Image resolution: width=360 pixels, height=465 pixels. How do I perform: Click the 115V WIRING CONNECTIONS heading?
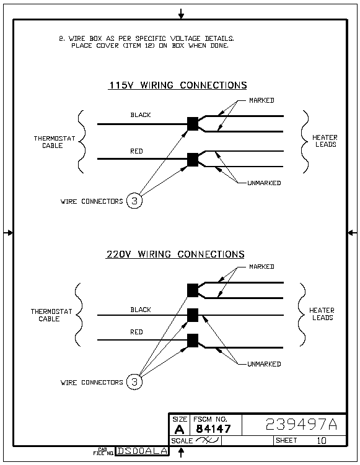pyautogui.click(x=178, y=85)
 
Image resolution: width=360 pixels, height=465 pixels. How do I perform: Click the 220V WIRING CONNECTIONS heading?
pyautogui.click(x=175, y=254)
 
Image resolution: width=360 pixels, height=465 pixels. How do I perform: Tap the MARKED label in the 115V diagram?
pyautogui.click(x=261, y=100)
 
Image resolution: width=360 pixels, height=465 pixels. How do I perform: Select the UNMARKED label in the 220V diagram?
pyautogui.click(x=264, y=364)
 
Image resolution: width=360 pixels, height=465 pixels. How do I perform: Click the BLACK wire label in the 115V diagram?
pyautogui.click(x=141, y=115)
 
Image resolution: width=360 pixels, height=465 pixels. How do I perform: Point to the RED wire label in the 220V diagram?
pyautogui.click(x=136, y=332)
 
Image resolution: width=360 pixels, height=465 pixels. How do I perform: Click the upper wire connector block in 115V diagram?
pyautogui.click(x=193, y=124)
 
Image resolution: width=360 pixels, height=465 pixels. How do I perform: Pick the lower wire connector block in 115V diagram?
pyautogui.click(x=193, y=160)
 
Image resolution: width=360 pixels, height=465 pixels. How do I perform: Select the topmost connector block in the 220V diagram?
pyautogui.click(x=193, y=290)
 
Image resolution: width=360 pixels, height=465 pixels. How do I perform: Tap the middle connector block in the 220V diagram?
pyautogui.click(x=193, y=315)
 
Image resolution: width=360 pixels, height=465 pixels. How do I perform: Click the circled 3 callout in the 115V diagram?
pyautogui.click(x=134, y=201)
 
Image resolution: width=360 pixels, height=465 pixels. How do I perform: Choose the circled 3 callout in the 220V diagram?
pyautogui.click(x=134, y=381)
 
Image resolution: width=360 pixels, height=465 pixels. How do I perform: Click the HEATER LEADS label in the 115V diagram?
pyautogui.click(x=325, y=141)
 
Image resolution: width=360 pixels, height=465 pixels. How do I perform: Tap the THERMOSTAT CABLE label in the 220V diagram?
pyautogui.click(x=51, y=315)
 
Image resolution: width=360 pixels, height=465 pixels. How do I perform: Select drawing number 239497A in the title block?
pyautogui.click(x=301, y=424)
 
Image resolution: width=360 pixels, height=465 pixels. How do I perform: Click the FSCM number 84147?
pyautogui.click(x=213, y=428)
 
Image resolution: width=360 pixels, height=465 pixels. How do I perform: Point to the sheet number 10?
pyautogui.click(x=322, y=440)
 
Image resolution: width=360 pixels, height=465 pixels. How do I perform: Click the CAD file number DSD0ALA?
pyautogui.click(x=142, y=451)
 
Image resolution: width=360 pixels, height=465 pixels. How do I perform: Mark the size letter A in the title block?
pyautogui.click(x=179, y=429)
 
